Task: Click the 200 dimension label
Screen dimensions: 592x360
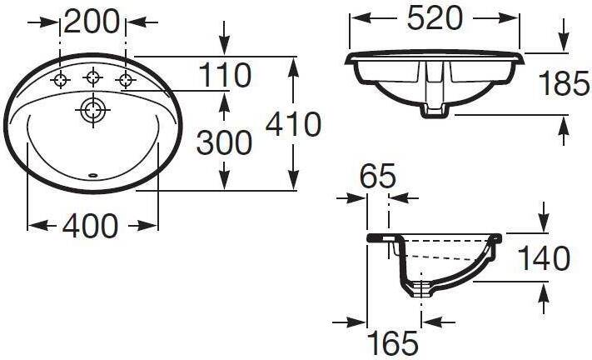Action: tap(92, 21)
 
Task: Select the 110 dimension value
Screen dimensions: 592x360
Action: tap(225, 75)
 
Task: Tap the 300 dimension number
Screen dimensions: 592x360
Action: tap(224, 142)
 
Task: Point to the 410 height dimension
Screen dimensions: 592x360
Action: tap(293, 124)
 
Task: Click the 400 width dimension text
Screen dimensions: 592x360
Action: tap(90, 226)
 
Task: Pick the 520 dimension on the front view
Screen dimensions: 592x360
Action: tap(435, 17)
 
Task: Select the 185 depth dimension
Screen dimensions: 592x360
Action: tap(564, 83)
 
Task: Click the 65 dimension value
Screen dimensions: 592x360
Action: tap(377, 176)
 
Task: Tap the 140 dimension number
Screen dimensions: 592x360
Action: tap(544, 258)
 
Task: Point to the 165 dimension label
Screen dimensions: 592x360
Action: tap(393, 343)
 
